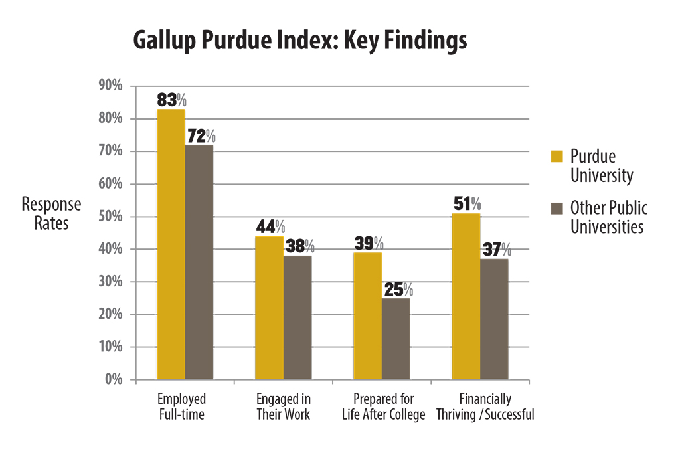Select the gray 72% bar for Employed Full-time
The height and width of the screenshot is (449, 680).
click(199, 262)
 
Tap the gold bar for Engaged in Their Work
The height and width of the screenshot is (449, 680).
click(269, 308)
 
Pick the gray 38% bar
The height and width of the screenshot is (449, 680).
click(297, 317)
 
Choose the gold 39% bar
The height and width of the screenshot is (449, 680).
click(367, 316)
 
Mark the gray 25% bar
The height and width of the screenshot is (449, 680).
click(396, 339)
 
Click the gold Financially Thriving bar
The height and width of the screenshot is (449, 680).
click(466, 297)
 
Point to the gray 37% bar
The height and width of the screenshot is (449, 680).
click(494, 319)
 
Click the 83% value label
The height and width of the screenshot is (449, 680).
click(171, 100)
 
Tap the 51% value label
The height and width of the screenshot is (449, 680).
click(467, 204)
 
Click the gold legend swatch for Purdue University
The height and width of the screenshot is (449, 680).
click(556, 156)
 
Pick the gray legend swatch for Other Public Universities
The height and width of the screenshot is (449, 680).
click(556, 207)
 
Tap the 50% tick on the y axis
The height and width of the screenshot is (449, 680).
click(111, 217)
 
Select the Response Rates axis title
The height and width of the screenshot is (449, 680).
click(51, 214)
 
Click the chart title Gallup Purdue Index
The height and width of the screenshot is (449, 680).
click(299, 41)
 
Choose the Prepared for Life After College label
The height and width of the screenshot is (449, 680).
click(383, 407)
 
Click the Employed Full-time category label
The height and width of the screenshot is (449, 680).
click(181, 407)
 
